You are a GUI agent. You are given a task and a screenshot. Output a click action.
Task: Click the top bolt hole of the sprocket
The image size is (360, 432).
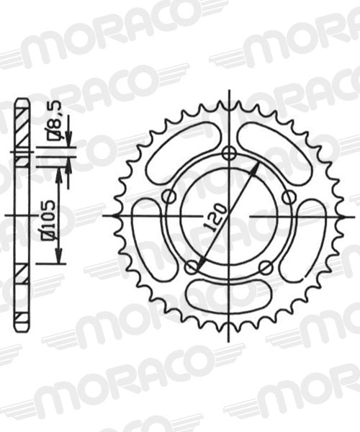[229, 153]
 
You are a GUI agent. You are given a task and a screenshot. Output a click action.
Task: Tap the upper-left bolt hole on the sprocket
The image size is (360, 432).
[169, 197]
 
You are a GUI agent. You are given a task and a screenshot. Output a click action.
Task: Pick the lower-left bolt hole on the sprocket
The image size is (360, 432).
[192, 268]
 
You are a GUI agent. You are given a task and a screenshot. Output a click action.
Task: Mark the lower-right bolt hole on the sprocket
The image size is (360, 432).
[266, 268]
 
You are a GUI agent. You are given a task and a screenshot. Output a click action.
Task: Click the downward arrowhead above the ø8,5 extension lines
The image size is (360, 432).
[68, 140]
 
